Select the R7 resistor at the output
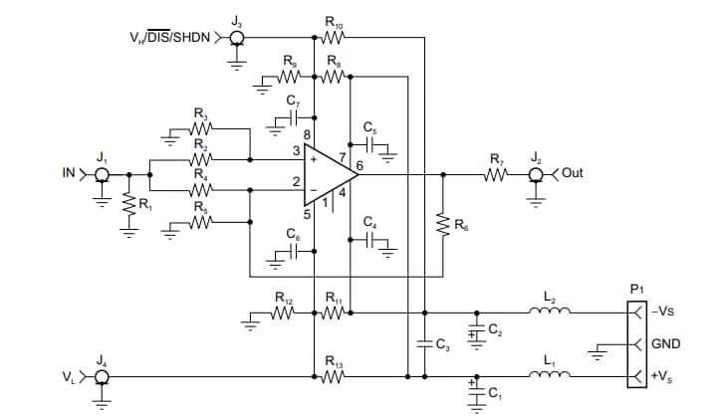(x=496, y=174)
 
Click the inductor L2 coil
(x=551, y=311)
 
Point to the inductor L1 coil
(x=551, y=376)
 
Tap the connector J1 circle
(x=102, y=174)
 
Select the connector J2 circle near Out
(x=536, y=174)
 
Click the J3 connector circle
(x=237, y=40)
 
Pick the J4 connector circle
(x=102, y=377)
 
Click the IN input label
(x=69, y=173)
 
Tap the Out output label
(x=573, y=173)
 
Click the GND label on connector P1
(x=664, y=344)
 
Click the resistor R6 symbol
(x=441, y=227)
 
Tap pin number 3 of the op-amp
(x=295, y=151)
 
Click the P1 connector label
(x=637, y=289)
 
